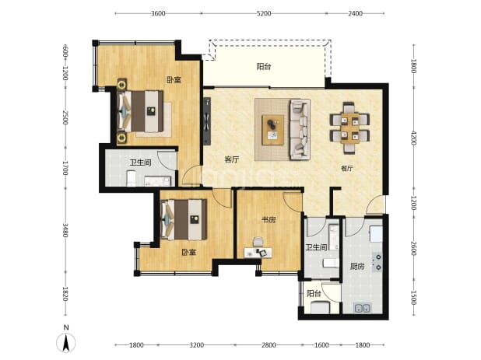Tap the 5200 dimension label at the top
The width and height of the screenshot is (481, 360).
click(264, 13)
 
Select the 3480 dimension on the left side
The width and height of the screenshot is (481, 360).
click(65, 230)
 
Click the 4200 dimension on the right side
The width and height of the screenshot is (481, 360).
click(413, 138)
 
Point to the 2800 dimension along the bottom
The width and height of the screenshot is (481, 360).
click(269, 345)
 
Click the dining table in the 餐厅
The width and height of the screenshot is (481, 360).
click(349, 128)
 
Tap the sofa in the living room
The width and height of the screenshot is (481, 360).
click(300, 129)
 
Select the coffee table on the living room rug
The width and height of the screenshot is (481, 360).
click(272, 130)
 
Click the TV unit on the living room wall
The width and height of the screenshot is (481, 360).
click(207, 121)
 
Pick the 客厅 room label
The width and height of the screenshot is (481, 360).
click(232, 159)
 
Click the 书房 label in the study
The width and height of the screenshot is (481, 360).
click(269, 220)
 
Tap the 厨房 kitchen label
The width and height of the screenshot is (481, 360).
click(357, 267)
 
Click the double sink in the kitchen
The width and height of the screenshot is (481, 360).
click(363, 308)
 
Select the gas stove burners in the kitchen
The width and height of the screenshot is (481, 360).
click(377, 262)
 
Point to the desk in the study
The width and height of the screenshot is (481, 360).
click(258, 253)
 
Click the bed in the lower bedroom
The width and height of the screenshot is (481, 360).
click(184, 220)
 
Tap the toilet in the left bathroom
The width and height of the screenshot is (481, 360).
click(132, 178)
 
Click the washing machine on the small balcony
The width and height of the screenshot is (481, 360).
click(320, 307)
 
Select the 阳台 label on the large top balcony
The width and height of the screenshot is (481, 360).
click(264, 67)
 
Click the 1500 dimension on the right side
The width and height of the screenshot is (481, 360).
click(413, 297)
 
